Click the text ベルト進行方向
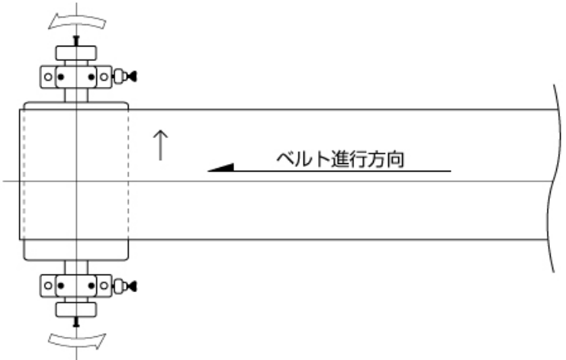340,159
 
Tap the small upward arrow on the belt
161,145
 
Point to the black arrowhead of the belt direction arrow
221,168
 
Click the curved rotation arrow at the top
77,21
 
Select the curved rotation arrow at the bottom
77,341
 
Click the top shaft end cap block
76,53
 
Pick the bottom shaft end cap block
76,310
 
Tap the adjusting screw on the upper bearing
125,76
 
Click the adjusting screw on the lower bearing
125,286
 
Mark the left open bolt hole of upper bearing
48,77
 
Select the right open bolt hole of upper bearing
104,77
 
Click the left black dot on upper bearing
61,77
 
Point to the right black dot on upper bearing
92,77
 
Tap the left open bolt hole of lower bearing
48,286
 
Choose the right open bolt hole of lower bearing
104,286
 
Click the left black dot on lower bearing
61,286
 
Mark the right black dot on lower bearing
92,286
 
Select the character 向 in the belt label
395,159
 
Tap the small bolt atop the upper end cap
76,40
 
